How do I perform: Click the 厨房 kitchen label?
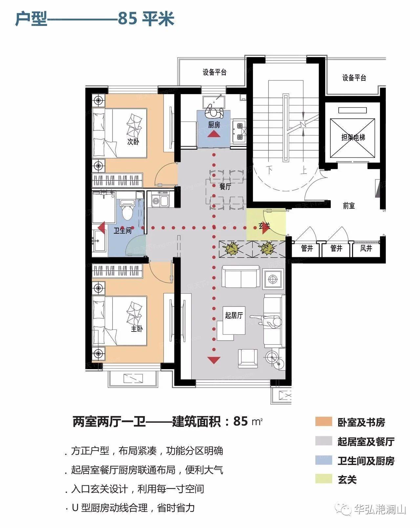click(x=214, y=125)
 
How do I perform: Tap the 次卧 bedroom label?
click(x=133, y=141)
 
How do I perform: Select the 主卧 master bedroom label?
click(x=136, y=328)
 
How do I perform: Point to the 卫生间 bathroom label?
click(x=122, y=230)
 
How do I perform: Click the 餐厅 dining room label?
click(x=225, y=186)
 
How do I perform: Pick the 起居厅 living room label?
click(x=234, y=315)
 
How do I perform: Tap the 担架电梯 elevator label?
click(x=353, y=137)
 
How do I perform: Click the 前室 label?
click(x=348, y=206)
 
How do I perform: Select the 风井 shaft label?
click(x=366, y=248)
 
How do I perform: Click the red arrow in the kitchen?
click(x=214, y=134)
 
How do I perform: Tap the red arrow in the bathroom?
click(x=102, y=228)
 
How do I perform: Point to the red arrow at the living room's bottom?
click(x=214, y=360)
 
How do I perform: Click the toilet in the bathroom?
click(x=127, y=210)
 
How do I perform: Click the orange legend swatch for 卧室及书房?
click(x=324, y=421)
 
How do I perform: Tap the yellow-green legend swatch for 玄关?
click(x=324, y=479)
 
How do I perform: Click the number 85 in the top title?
click(x=127, y=19)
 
